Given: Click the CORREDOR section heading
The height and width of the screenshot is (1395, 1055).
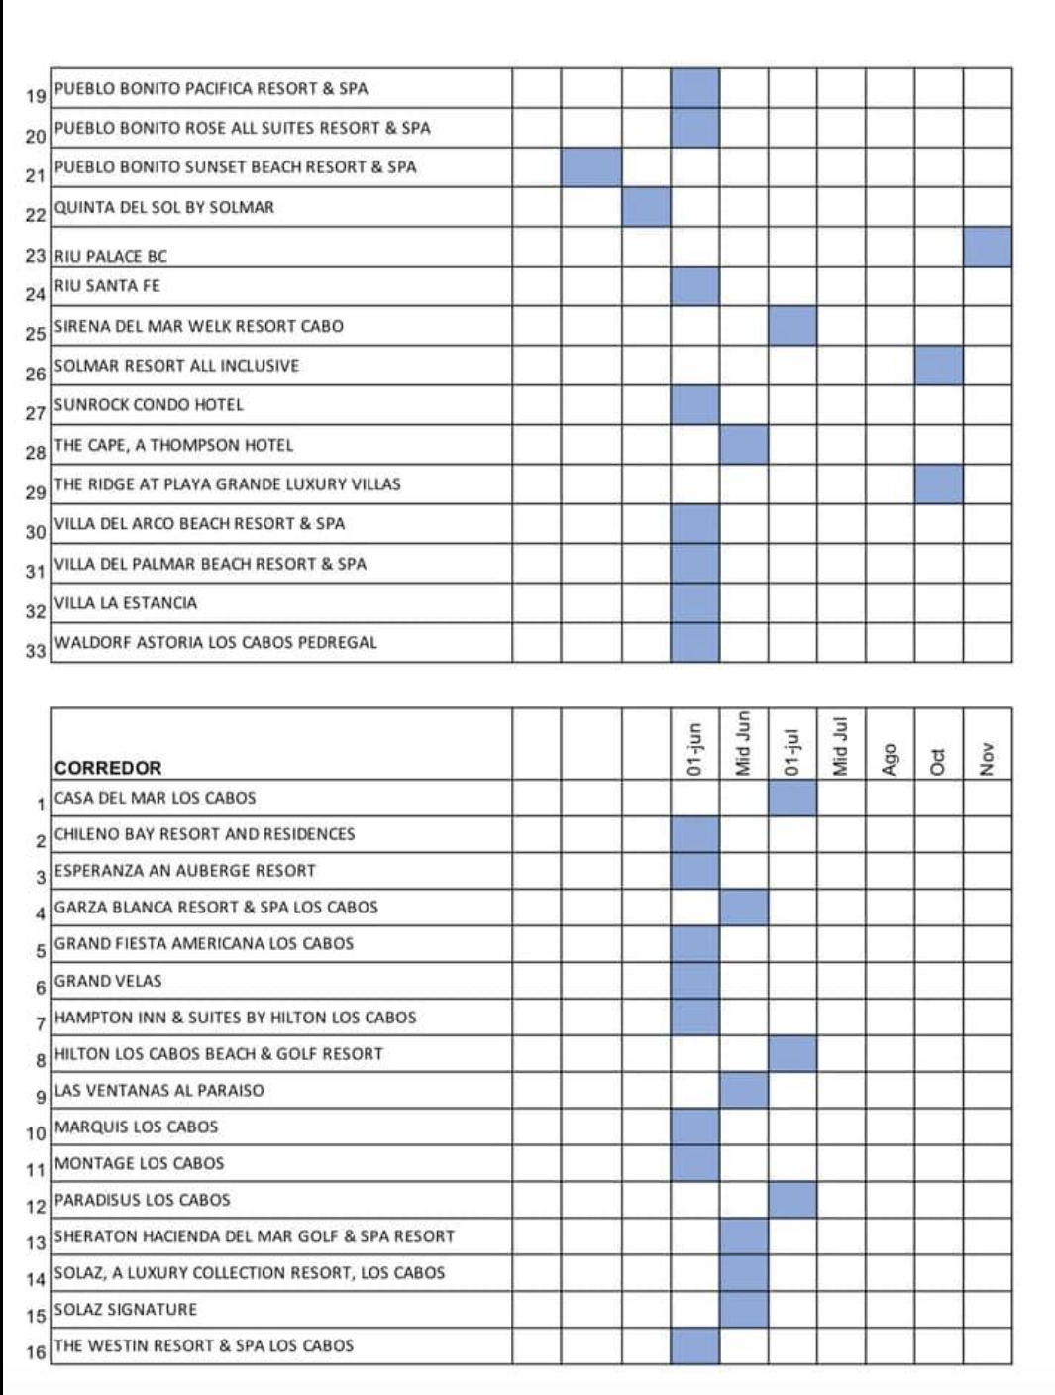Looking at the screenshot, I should coord(108,768).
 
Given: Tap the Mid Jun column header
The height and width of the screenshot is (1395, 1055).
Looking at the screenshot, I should coord(743,745).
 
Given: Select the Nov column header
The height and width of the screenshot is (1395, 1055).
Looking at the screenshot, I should coord(987,758).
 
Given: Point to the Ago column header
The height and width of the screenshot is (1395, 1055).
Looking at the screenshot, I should coord(890,759).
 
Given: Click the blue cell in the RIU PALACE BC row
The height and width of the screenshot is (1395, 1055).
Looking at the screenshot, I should coord(988,247).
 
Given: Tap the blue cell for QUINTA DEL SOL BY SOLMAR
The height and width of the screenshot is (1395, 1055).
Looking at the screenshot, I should coord(646,207).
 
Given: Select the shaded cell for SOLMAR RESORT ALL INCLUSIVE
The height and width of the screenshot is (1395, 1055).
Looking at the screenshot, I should coord(938,366).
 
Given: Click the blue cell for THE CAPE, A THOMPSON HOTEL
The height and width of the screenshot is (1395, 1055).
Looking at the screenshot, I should coord(743,445).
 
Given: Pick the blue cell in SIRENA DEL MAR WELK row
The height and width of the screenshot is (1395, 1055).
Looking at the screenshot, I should coord(792,326).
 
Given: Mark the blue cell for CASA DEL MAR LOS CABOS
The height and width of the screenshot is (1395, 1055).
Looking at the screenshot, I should coord(792,799).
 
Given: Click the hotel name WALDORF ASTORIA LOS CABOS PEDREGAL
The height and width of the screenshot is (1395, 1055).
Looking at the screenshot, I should coord(216,643).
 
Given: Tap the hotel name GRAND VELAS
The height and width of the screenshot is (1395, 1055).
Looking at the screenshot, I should coord(108,981).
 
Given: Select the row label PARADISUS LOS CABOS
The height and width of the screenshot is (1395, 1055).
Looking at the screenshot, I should coord(143,1200).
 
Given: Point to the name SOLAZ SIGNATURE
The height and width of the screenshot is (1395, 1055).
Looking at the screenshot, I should coord(126,1310).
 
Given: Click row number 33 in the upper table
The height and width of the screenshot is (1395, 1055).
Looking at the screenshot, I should coord(36,651).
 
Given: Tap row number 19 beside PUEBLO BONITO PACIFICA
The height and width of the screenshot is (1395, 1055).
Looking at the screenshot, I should coord(36,96).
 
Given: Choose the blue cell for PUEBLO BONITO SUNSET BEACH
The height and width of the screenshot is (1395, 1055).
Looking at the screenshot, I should coord(591,167).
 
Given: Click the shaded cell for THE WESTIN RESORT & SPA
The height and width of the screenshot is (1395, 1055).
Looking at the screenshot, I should coord(694,1346).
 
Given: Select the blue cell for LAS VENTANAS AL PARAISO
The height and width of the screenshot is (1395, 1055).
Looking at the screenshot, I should coord(743,1091).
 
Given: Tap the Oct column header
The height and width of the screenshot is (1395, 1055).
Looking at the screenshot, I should coord(937,760).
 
